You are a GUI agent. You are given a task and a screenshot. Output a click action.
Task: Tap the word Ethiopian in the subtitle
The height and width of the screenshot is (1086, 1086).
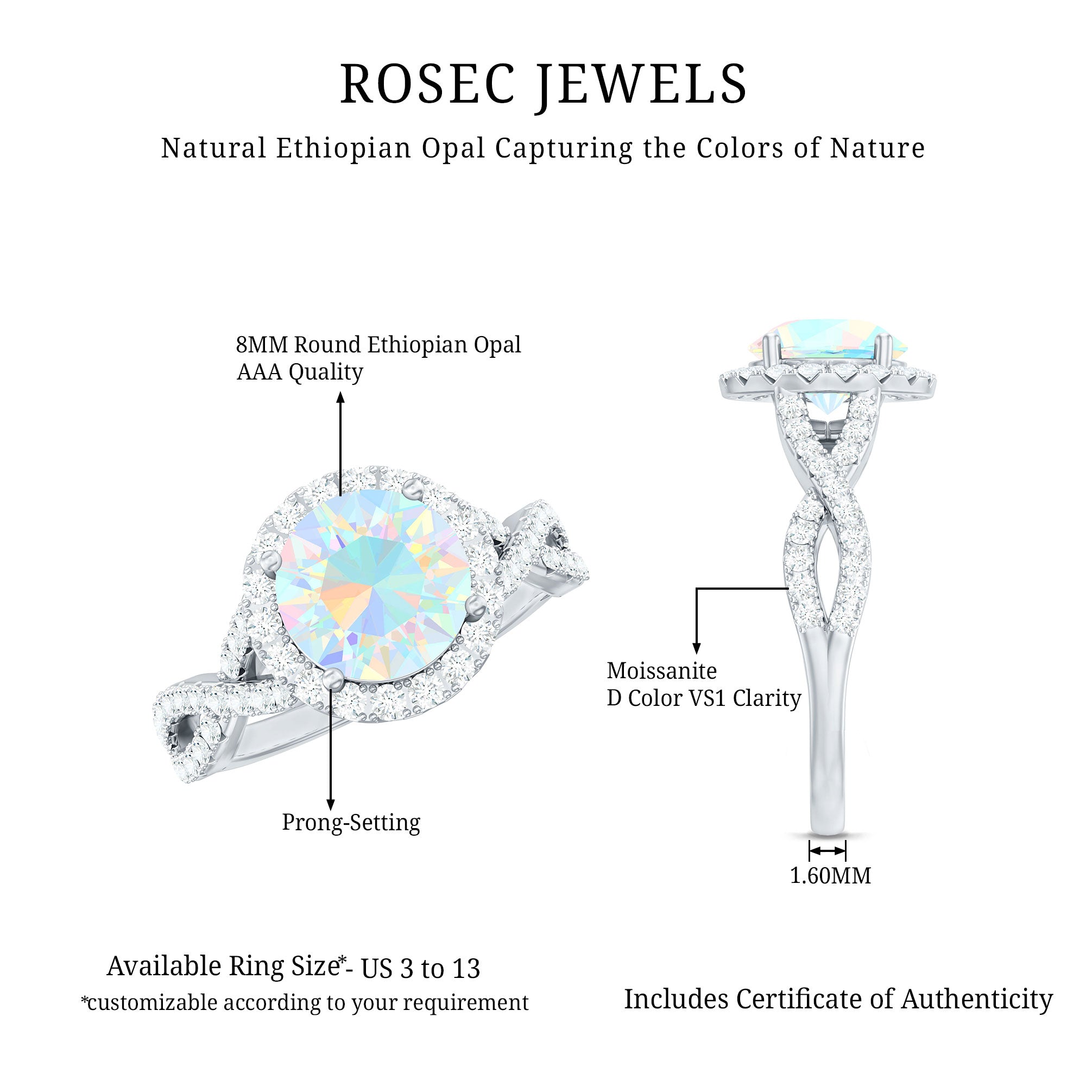344,148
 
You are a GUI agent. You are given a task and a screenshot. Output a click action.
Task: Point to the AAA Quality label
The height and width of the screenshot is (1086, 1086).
300,371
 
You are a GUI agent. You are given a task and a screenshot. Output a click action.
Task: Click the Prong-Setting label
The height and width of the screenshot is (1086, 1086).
351,822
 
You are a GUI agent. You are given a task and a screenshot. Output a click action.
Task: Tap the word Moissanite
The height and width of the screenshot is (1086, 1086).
661,671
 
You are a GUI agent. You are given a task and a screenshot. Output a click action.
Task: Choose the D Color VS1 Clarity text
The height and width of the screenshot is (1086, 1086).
704,698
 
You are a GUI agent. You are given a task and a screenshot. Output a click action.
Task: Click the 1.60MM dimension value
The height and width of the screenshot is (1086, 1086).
830,875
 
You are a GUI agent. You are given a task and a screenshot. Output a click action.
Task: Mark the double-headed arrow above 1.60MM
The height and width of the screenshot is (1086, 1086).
827,851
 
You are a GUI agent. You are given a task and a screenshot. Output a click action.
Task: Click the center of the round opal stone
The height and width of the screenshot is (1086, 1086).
374,585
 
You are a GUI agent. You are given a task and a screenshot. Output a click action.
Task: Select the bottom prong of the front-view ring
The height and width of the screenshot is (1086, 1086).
332,677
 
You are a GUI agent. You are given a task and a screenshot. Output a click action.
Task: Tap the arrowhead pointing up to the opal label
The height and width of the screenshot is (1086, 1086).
340,398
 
